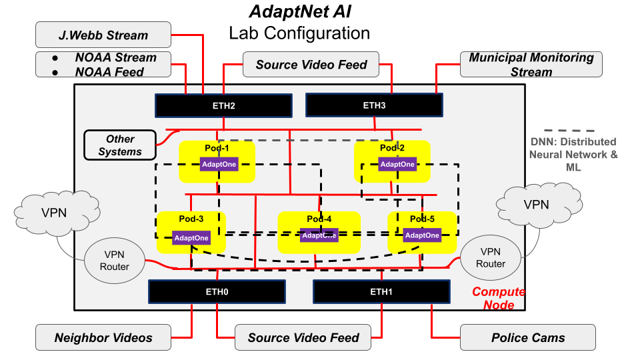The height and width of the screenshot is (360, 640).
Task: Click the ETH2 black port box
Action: (223, 105)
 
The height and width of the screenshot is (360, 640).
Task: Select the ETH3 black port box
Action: (374, 105)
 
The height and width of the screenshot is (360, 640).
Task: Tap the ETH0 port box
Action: (216, 292)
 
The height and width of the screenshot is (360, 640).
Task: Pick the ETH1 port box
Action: (381, 292)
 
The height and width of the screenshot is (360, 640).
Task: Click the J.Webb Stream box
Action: (103, 35)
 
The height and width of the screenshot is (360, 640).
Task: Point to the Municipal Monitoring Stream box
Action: (531, 65)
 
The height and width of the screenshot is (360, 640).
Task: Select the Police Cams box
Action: (527, 337)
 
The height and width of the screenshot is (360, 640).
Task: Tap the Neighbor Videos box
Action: (103, 337)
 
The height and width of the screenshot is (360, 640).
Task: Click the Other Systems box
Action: (120, 145)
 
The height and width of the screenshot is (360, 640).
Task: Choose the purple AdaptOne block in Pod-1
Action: (219, 164)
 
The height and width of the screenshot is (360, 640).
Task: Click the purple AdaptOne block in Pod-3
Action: (191, 238)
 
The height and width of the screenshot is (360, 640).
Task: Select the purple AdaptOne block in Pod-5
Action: (422, 235)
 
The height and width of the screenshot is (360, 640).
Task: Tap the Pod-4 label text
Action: (318, 219)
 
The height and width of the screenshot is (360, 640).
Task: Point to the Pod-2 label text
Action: (392, 147)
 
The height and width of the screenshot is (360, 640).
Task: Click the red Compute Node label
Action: (499, 298)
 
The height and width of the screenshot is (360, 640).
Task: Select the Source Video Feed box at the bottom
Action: (303, 337)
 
